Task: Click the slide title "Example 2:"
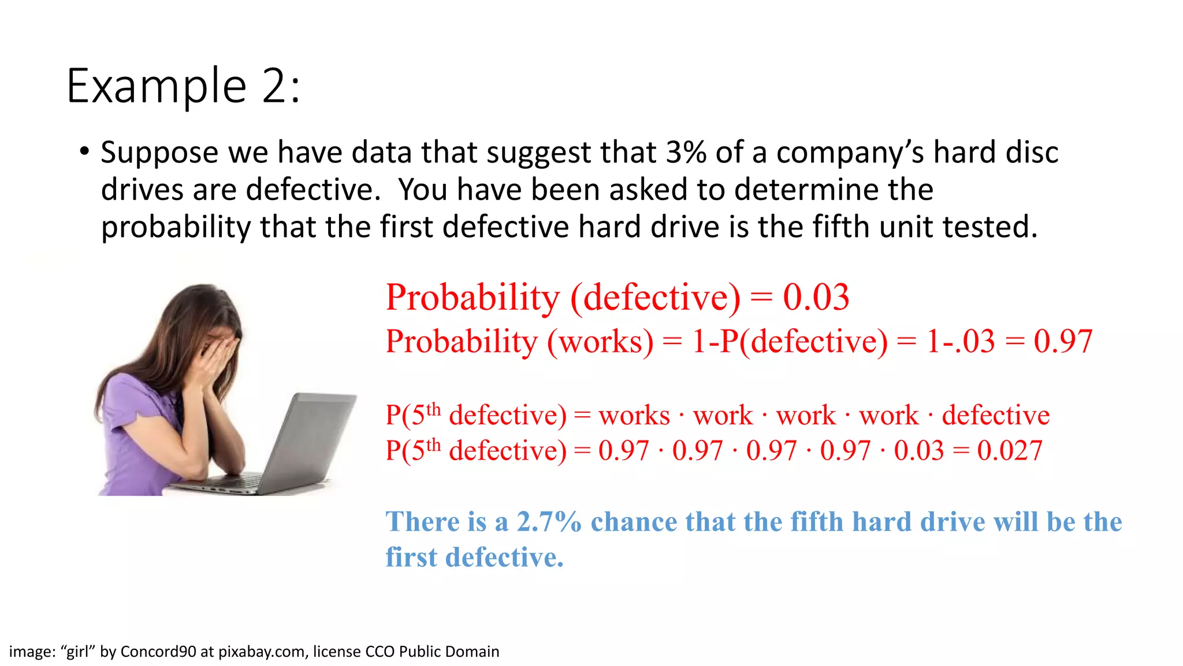tap(184, 87)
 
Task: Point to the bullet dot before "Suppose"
tap(85, 152)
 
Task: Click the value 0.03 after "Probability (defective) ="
tap(816, 298)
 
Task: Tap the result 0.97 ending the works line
tap(1063, 341)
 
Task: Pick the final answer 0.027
tap(1010, 450)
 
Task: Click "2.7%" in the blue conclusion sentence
tap(549, 521)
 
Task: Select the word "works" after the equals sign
tap(634, 416)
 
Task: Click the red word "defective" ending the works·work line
tap(996, 416)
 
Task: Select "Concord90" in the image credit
tap(158, 652)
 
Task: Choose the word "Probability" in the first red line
tap(473, 298)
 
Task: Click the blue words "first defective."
tap(474, 557)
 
